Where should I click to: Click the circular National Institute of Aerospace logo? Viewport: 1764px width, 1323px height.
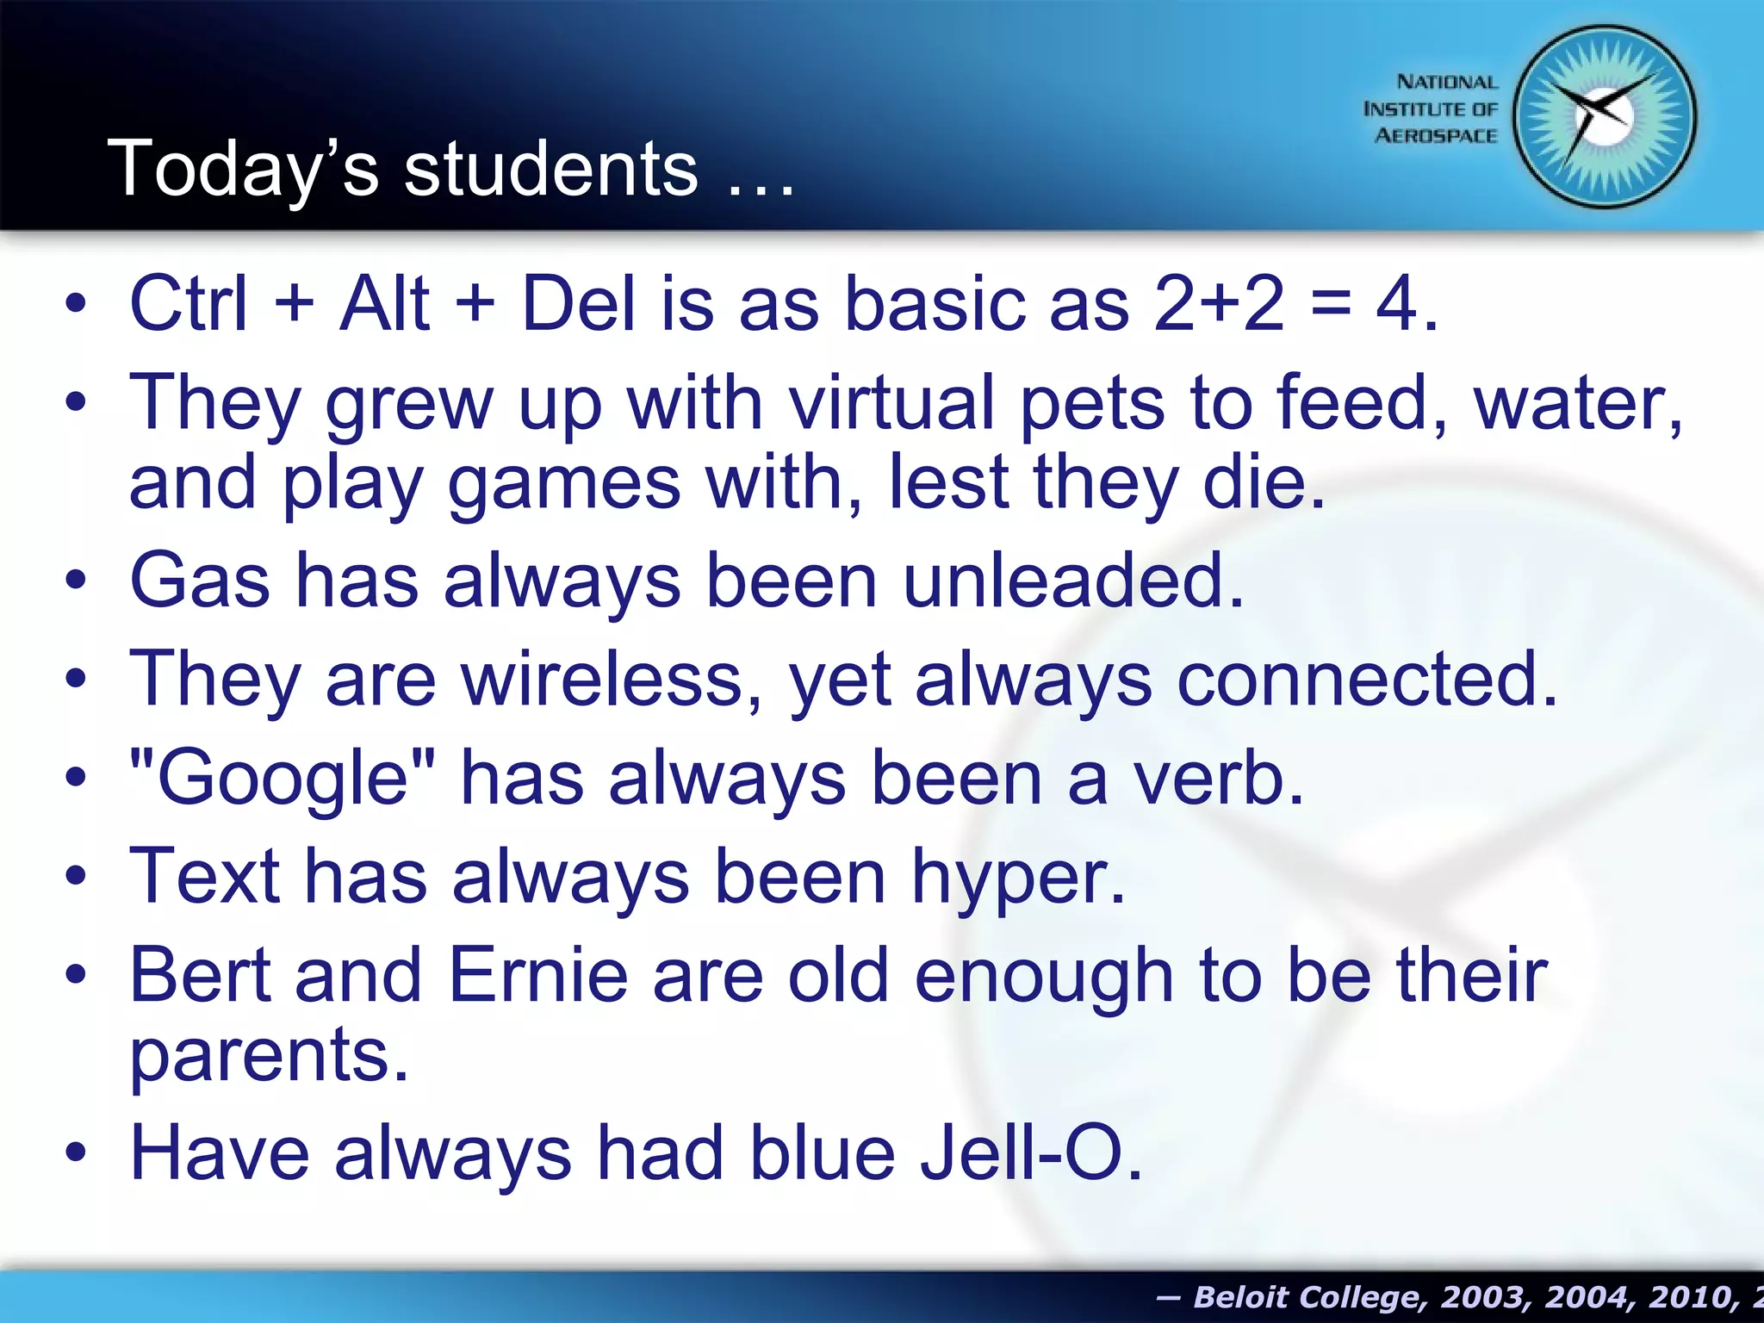click(1604, 116)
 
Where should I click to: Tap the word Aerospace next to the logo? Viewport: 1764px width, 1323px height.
click(1435, 136)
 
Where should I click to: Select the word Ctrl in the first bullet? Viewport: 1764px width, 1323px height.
click(188, 303)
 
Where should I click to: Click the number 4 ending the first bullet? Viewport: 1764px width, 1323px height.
click(1395, 303)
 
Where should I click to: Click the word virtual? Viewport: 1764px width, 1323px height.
click(892, 403)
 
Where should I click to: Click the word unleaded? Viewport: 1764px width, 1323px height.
click(1073, 581)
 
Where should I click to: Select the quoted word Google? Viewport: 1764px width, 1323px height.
click(282, 778)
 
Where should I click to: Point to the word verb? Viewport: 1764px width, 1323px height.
click(1216, 778)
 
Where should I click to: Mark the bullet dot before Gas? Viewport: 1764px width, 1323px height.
click(76, 581)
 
